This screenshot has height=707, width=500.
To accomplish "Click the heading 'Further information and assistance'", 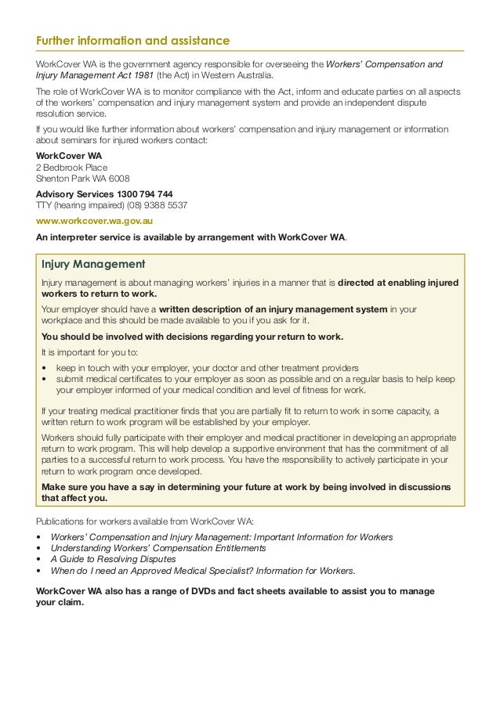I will coord(133,41).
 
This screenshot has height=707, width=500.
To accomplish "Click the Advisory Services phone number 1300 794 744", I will coord(144,194).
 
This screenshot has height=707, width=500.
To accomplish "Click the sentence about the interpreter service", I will coord(191,237).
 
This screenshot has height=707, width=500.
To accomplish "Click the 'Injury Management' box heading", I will coord(93,265).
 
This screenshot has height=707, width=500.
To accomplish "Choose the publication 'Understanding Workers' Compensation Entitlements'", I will coord(158,548).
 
